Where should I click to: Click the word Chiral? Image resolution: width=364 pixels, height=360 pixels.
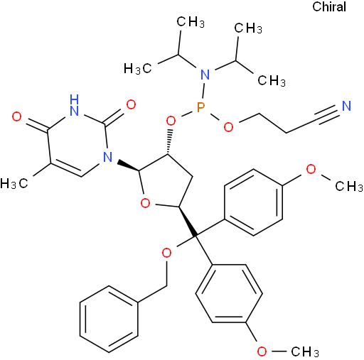pos(329,7)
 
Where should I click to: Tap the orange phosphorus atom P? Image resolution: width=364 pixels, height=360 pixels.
pos(200,107)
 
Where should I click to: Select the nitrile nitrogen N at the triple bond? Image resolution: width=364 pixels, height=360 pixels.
pos(346,106)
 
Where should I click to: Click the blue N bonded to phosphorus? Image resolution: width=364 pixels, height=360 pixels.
pos(205,75)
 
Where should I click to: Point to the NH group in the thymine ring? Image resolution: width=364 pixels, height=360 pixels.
pos(74,105)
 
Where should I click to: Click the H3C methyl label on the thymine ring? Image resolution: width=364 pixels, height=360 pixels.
pos(14,183)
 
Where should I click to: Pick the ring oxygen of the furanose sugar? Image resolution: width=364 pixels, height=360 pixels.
pos(145,203)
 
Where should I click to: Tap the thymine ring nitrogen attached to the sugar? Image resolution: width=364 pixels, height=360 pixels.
pos(108,157)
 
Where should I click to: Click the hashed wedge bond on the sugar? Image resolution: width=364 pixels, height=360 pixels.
pos(169,141)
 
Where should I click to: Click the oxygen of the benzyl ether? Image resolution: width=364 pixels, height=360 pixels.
pos(166,253)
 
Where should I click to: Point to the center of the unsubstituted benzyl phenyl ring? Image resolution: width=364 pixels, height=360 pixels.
pos(109,319)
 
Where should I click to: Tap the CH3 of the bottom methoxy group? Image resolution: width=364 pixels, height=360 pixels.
pos(305,351)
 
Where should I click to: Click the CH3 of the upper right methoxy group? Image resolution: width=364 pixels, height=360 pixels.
pos(349,186)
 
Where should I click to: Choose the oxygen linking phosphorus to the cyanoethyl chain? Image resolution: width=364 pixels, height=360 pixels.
pos(228,127)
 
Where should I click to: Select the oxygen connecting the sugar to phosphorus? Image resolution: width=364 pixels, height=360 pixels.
pos(171,121)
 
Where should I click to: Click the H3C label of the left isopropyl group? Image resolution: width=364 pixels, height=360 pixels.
pos(138,68)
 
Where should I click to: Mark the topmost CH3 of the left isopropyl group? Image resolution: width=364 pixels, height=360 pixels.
pos(191,22)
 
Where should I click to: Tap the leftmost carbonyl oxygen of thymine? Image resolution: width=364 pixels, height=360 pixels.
pos(16,116)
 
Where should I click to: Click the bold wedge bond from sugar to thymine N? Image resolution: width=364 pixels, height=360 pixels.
pos(129,165)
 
